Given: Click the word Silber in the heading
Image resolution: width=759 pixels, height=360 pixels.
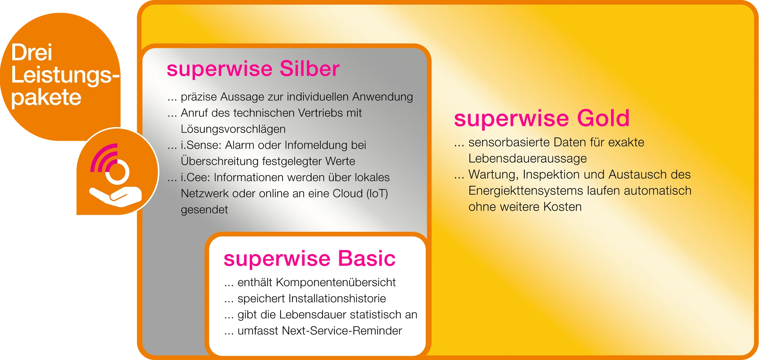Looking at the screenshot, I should click(x=309, y=69).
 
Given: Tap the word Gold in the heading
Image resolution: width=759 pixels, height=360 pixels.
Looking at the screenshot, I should click(x=603, y=119).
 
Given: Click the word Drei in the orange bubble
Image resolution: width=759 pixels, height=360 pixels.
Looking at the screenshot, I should click(x=32, y=53).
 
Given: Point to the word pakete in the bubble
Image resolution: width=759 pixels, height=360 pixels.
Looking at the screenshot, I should click(x=46, y=98).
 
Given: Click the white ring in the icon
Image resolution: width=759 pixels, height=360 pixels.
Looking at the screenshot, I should click(x=117, y=172).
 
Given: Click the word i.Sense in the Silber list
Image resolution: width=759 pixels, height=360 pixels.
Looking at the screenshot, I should click(x=201, y=145).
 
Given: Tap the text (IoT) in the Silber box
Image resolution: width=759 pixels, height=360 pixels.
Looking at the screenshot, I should click(x=377, y=193).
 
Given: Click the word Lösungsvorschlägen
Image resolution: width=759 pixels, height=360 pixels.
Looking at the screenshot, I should click(x=233, y=129).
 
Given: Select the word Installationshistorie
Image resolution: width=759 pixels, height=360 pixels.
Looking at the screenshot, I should click(x=337, y=299).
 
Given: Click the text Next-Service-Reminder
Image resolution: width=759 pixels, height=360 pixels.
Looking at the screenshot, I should click(x=342, y=331).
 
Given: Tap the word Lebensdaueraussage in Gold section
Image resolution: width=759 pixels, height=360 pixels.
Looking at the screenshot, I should click(x=527, y=159).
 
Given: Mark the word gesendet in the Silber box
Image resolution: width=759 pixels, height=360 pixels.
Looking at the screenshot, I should click(x=204, y=210).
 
